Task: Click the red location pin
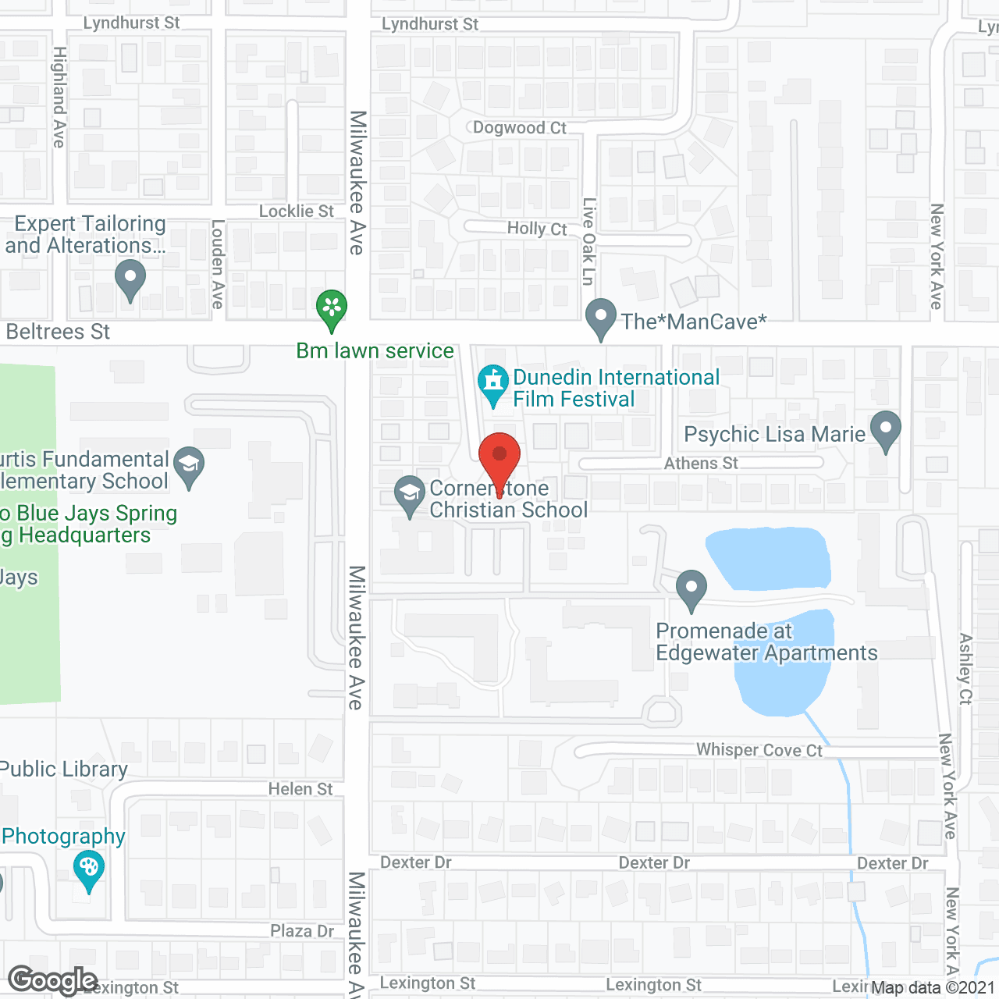click(x=499, y=457)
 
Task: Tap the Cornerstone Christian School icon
click(x=409, y=495)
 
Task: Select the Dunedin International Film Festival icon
click(x=492, y=383)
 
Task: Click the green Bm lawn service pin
click(x=332, y=309)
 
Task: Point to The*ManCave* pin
click(x=600, y=318)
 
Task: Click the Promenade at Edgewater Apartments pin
click(x=691, y=589)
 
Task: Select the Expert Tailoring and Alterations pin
click(x=130, y=279)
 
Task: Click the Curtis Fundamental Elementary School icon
click(x=189, y=466)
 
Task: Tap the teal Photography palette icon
click(x=88, y=869)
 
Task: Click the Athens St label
click(x=701, y=464)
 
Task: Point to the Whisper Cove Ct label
click(x=759, y=750)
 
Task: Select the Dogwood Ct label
click(x=520, y=128)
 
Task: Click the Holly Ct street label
click(x=537, y=229)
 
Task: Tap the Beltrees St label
click(x=58, y=332)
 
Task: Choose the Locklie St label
click(x=296, y=212)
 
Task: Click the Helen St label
click(x=300, y=789)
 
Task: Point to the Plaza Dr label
click(x=302, y=931)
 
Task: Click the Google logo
click(x=52, y=980)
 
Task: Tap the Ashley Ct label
click(x=965, y=669)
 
